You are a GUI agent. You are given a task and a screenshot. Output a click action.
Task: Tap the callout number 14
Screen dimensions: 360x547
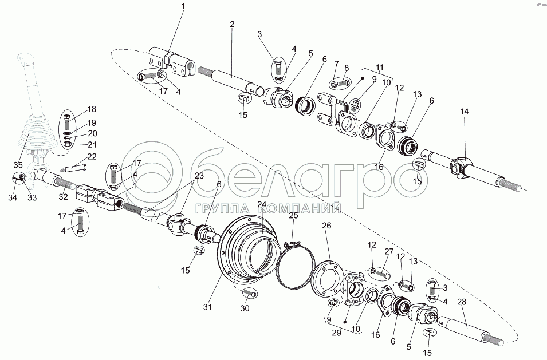pyautogui.click(x=464, y=112)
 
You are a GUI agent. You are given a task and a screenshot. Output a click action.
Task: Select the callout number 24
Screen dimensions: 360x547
pyautogui.click(x=262, y=204)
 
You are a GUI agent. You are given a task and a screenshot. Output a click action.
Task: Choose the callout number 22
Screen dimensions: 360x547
pyautogui.click(x=92, y=156)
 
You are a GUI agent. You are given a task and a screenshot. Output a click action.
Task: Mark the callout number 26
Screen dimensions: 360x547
pyautogui.click(x=327, y=226)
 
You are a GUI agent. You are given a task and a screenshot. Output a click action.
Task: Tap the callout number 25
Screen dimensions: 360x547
pyautogui.click(x=293, y=216)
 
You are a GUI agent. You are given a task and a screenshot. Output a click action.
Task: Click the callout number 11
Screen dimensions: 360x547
pyautogui.click(x=379, y=67)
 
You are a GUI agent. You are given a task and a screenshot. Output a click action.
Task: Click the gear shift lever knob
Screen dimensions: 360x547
pyautogui.click(x=25, y=60)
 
